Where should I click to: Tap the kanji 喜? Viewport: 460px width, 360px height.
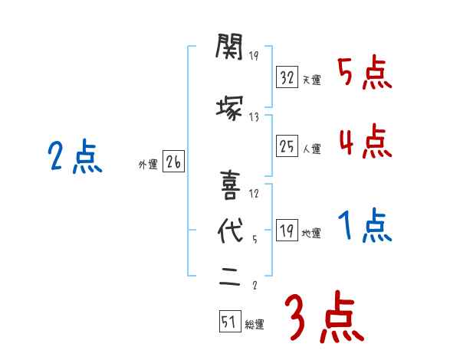tap(230, 185)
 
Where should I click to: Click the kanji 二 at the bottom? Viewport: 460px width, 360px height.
tap(230, 277)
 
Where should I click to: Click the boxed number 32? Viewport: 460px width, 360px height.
tap(287, 79)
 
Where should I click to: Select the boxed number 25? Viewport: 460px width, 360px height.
tap(287, 146)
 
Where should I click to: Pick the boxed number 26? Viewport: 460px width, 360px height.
tap(173, 162)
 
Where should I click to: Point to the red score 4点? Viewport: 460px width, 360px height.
tap(365, 141)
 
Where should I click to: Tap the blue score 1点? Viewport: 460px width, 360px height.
tap(365, 226)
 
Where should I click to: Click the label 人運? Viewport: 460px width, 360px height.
tap(312, 148)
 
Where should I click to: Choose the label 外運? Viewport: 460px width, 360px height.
tap(148, 164)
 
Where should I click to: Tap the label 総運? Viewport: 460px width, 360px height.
tap(255, 325)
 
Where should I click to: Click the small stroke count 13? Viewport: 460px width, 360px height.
tap(254, 116)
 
